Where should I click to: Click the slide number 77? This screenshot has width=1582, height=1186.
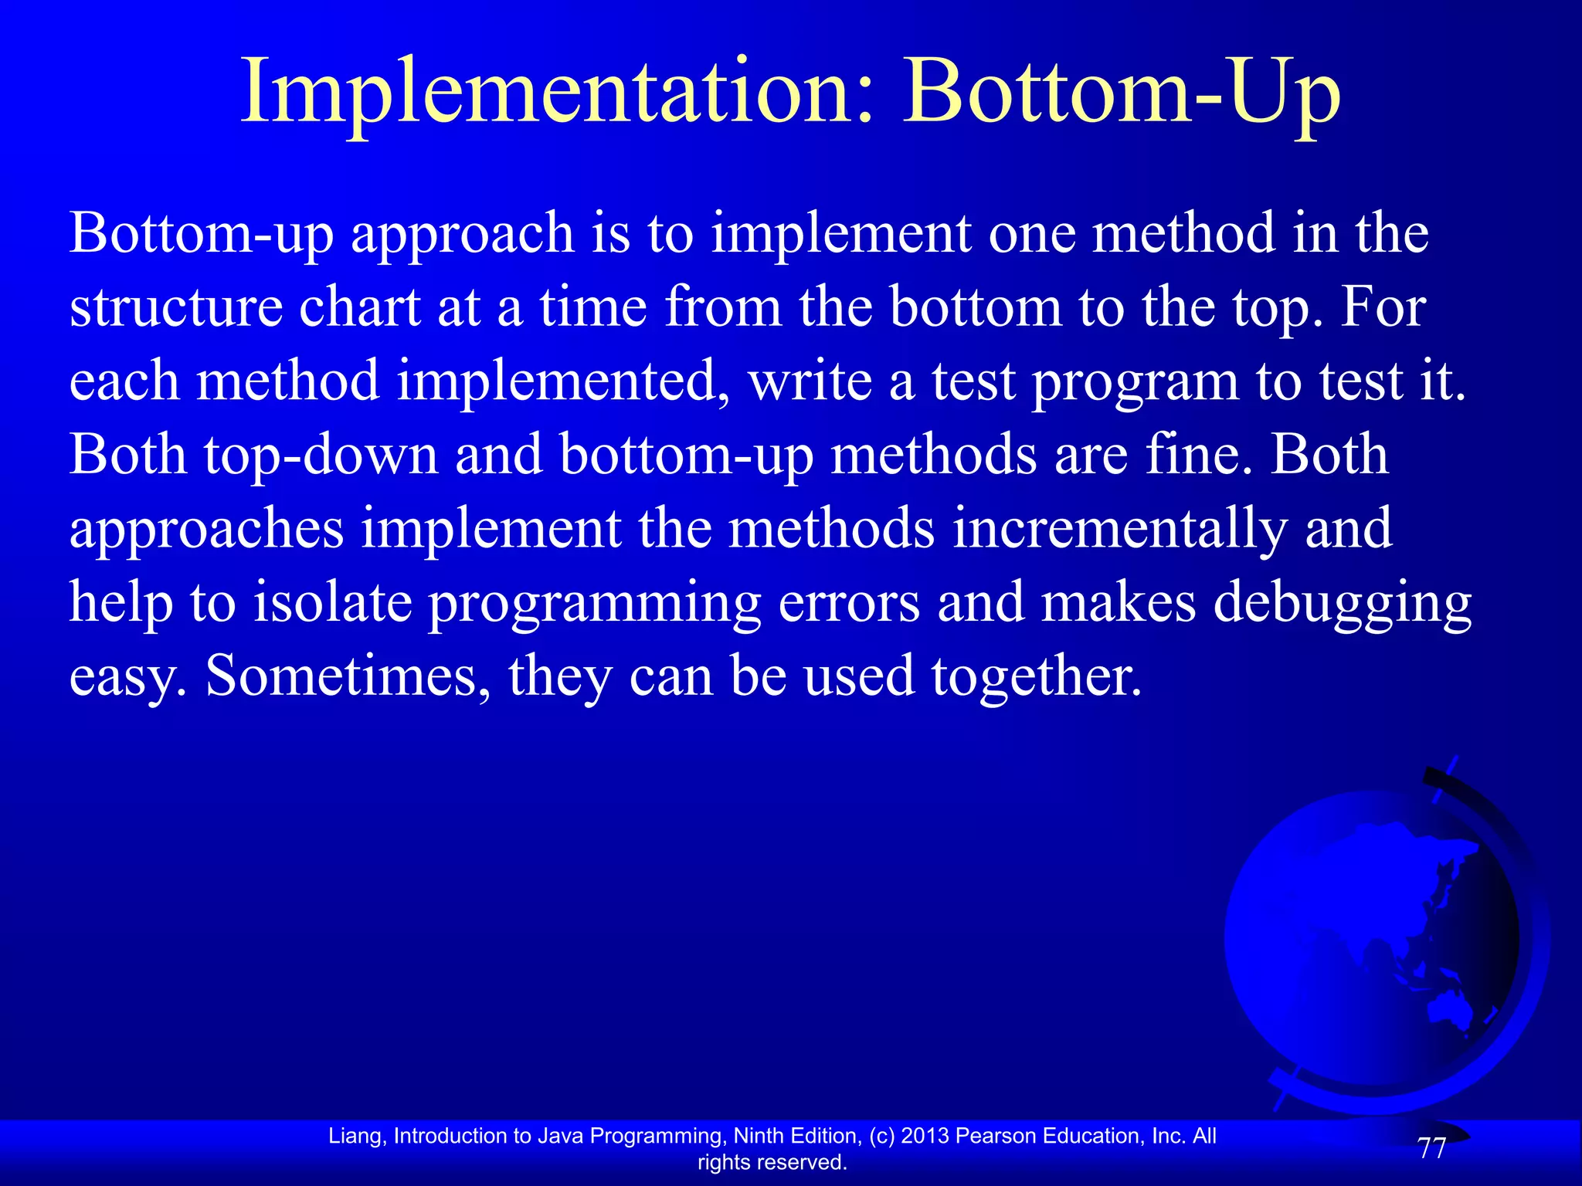pyautogui.click(x=1431, y=1149)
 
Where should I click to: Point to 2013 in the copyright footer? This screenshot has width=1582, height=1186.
pyautogui.click(x=925, y=1136)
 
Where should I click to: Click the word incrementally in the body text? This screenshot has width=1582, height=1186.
pyautogui.click(x=1119, y=529)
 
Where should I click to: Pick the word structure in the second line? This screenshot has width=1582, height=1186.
pyautogui.click(x=176, y=307)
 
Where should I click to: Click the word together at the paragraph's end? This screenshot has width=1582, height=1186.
pyautogui.click(x=1035, y=676)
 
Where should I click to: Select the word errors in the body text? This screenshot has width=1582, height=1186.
pyautogui.click(x=849, y=604)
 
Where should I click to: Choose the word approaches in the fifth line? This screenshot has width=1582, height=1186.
pyautogui.click(x=206, y=530)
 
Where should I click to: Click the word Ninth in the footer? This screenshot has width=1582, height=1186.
pyautogui.click(x=759, y=1136)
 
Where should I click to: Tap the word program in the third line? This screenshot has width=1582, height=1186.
pyautogui.click(x=1135, y=382)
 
